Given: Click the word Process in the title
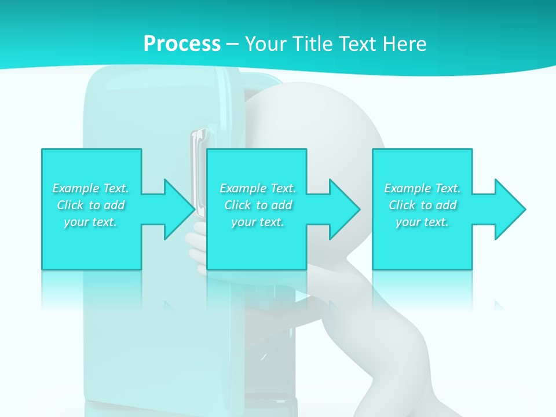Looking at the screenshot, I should pos(182,44).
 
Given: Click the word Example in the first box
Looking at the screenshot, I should pos(76,188).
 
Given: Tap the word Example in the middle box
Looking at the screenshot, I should pos(243,188).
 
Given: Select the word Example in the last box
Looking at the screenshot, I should pos(408,188).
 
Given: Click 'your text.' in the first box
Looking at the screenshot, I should pos(90,222).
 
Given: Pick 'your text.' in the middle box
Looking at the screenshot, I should pos(258,222).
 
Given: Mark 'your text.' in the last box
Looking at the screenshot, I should pos(422,222).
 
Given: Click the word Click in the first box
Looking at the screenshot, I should pos(70,205).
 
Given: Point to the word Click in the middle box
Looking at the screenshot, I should pos(237,205).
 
